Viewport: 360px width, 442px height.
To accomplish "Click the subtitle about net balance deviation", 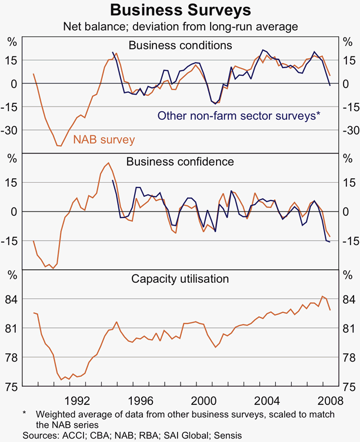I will [x=180, y=26].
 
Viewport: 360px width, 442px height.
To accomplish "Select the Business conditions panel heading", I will [x=180, y=45].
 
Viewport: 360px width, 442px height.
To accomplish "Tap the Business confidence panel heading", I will [x=180, y=162].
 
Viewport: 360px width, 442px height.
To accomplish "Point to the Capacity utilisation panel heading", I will [x=180, y=279].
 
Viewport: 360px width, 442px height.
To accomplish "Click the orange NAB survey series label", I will [x=104, y=139].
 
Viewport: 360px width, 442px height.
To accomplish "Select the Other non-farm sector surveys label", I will [x=238, y=116].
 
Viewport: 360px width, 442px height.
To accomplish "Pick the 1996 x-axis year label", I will [x=143, y=401].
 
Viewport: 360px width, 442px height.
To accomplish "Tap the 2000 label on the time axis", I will [x=205, y=401].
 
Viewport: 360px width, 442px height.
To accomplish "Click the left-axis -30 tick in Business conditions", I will [x=11, y=130].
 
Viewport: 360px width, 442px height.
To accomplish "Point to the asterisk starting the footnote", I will [x=25, y=414].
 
